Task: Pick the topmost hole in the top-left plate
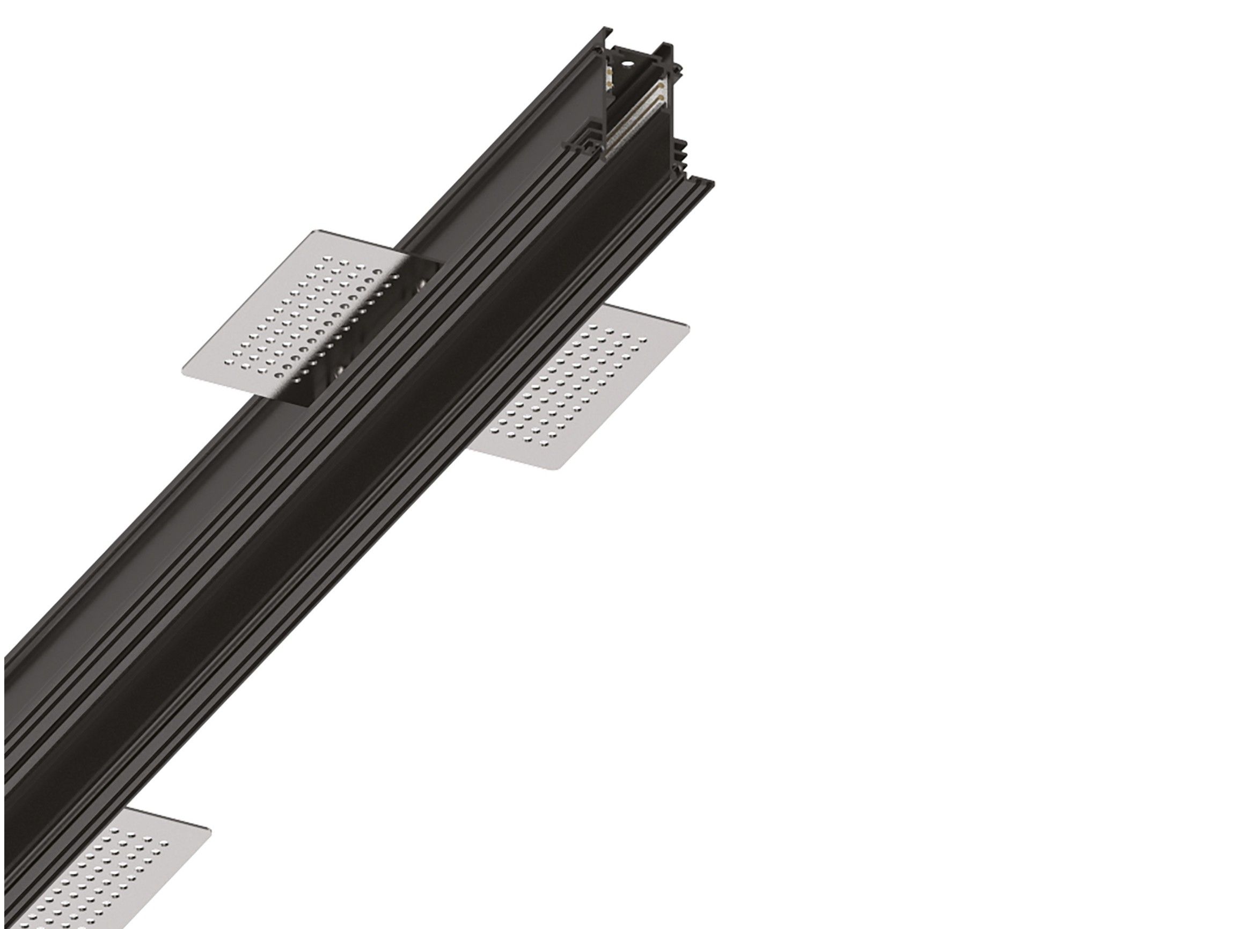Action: [328, 259]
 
